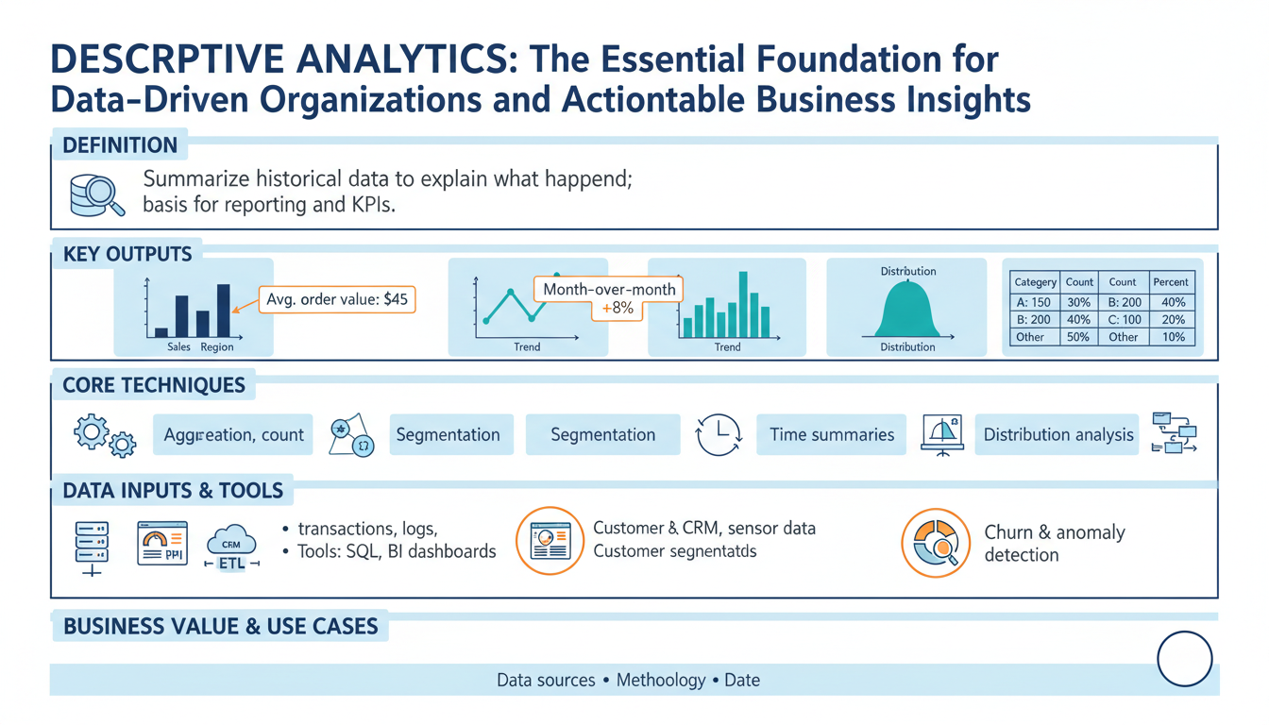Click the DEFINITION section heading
pyautogui.click(x=119, y=145)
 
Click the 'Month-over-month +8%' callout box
pyautogui.click(x=610, y=298)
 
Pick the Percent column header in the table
pyautogui.click(x=1171, y=282)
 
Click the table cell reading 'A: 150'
pyautogui.click(x=1033, y=302)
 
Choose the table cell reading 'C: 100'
pyautogui.click(x=1123, y=319)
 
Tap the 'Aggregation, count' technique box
pyautogui.click(x=234, y=435)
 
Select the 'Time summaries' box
pyautogui.click(x=831, y=435)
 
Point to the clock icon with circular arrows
pyautogui.click(x=719, y=435)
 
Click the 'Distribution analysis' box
pyautogui.click(x=1057, y=435)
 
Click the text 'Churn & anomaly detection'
pyautogui.click(x=1055, y=544)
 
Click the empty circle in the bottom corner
pyautogui.click(x=1184, y=658)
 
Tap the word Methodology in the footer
pyautogui.click(x=661, y=680)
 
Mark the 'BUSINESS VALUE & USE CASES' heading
pyautogui.click(x=220, y=626)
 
